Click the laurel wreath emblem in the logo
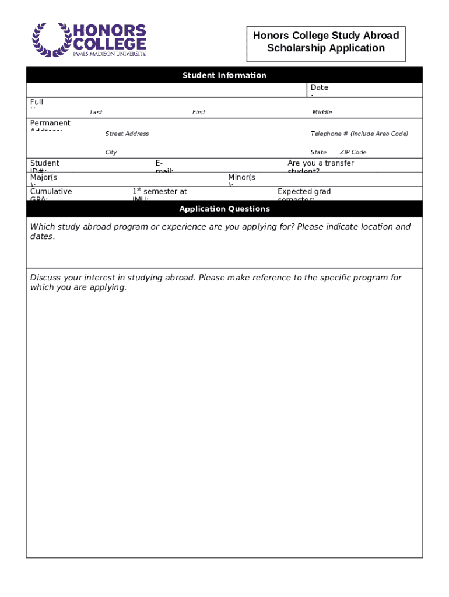51,40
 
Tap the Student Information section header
224,75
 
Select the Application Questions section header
224,209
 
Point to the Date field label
320,88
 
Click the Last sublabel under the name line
96,113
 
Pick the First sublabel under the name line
199,113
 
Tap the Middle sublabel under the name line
322,113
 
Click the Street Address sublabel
127,134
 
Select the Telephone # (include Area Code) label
359,134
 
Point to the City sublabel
111,153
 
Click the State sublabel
318,153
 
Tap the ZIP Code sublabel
353,153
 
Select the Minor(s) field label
241,178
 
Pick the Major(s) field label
44,178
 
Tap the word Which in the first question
43,227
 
